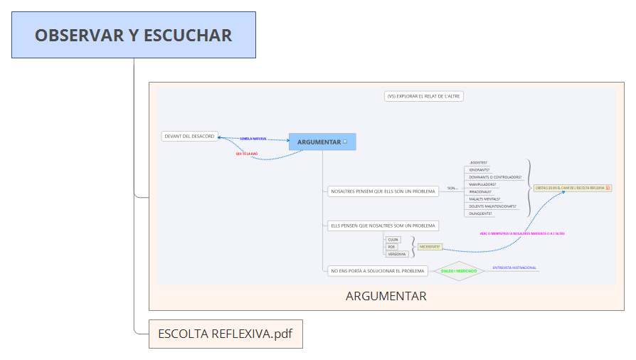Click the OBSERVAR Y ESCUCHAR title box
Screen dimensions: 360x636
pos(134,35)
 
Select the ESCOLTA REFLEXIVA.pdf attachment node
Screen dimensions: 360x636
pos(226,334)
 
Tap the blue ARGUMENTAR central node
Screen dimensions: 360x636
pos(322,142)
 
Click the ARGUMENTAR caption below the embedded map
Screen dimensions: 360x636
pos(386,296)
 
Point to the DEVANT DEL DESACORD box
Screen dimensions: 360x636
pos(189,136)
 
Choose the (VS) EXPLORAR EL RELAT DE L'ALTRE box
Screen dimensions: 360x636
pos(423,96)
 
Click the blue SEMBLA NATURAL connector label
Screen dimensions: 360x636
pos(253,139)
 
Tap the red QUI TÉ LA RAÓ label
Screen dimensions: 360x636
pos(247,154)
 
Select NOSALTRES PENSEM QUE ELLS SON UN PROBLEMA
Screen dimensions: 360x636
pos(383,191)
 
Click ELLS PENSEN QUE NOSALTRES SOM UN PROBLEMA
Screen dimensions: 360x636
pos(383,226)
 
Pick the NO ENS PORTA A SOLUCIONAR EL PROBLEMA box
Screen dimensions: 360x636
pos(377,270)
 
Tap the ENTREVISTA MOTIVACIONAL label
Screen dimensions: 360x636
pos(514,268)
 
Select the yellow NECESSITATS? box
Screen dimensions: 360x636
pos(430,247)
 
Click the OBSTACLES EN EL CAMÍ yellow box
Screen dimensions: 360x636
pos(572,188)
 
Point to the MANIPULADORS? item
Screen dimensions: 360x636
pos(483,184)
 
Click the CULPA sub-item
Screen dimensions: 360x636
pos(393,240)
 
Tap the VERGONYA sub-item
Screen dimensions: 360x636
pos(396,254)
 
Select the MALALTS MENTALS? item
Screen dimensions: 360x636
pos(484,199)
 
